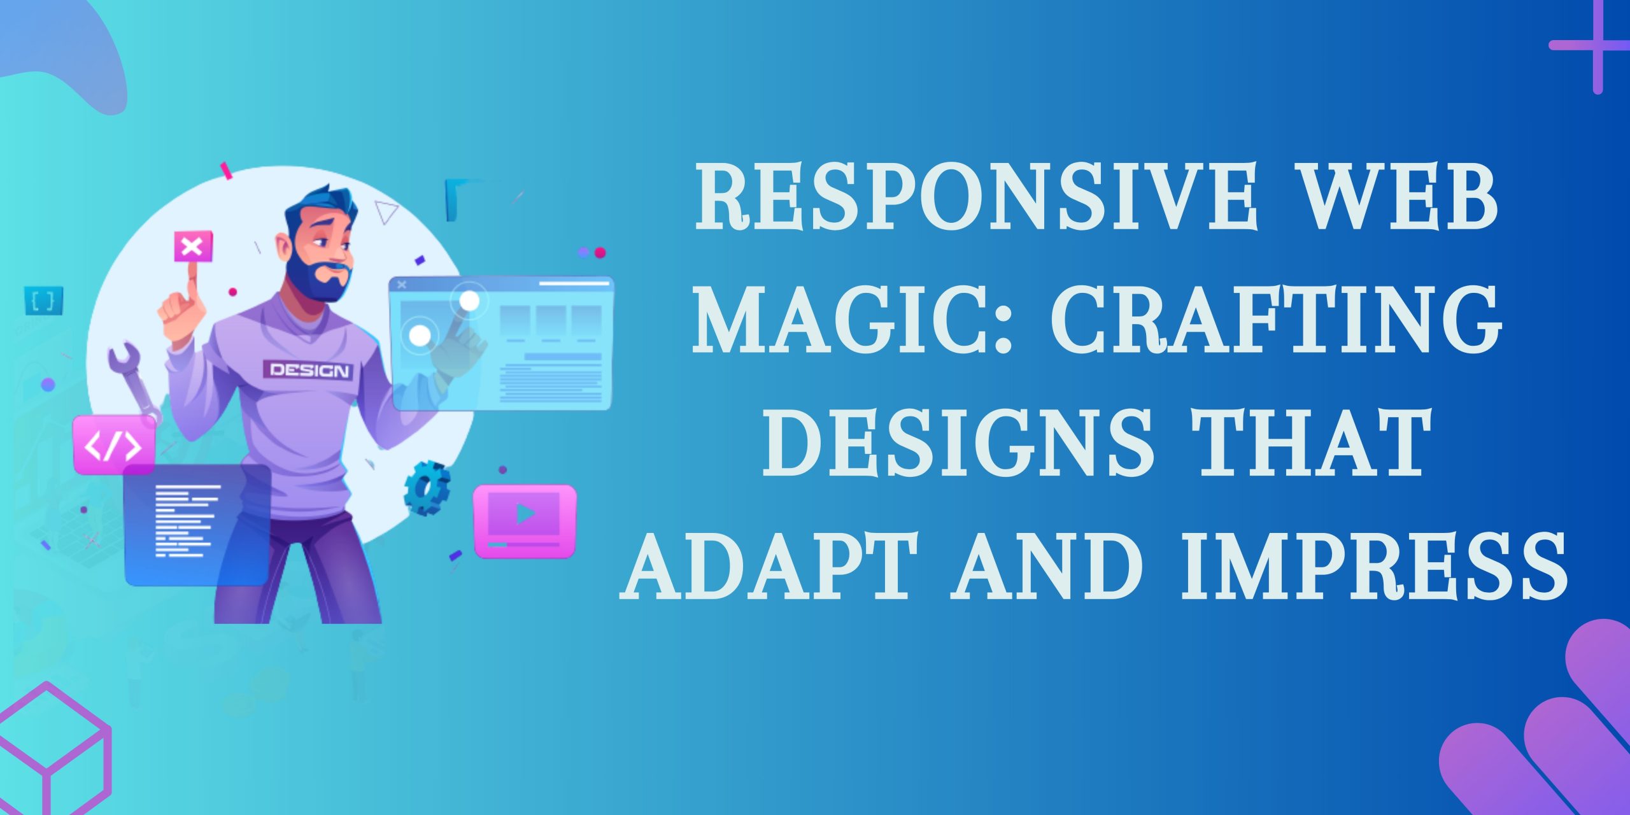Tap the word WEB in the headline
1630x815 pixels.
pyautogui.click(x=1405, y=197)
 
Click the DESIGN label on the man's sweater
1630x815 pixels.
pyautogui.click(x=309, y=370)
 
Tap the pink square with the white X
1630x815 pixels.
pyautogui.click(x=193, y=246)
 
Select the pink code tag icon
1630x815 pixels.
pyautogui.click(x=114, y=445)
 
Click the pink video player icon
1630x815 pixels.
pyautogui.click(x=525, y=521)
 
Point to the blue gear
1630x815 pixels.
pyautogui.click(x=427, y=488)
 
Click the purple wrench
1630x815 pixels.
pyautogui.click(x=134, y=382)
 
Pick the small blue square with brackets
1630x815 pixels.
pyautogui.click(x=43, y=301)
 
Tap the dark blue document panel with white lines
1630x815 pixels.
pyautogui.click(x=197, y=525)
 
